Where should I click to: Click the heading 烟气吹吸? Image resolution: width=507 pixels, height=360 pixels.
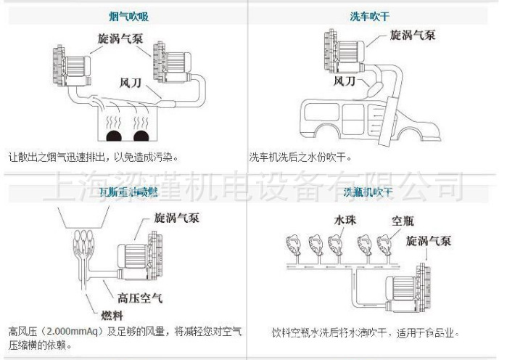[125, 15]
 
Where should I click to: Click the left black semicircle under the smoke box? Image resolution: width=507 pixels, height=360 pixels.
[112, 136]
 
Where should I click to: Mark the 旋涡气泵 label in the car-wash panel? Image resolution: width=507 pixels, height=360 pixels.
[413, 34]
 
